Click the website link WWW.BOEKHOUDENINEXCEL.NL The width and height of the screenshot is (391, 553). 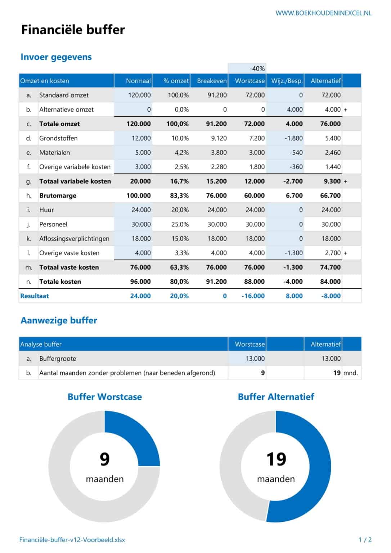(323, 13)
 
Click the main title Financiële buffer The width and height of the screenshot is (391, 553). (73, 30)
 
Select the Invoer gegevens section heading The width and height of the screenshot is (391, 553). (56, 57)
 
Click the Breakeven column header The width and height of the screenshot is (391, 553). (212, 81)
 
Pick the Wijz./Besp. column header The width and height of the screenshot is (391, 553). (287, 81)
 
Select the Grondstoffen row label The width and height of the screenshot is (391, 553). (58, 138)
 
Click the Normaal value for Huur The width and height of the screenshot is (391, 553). (141, 210)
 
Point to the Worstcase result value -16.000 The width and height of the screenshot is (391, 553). (253, 296)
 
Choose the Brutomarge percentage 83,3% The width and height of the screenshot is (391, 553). (179, 195)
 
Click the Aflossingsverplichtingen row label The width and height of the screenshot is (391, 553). (74, 239)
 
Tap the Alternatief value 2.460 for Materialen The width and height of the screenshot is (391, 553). (332, 153)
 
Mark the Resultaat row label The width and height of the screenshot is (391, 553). (35, 296)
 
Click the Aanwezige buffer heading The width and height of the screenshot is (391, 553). (59, 320)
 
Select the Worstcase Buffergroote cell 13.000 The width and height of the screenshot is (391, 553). (255, 359)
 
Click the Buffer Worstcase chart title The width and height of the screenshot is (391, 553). (104, 397)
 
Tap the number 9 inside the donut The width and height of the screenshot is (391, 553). (104, 459)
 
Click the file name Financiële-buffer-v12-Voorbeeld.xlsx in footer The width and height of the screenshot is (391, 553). (72, 540)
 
